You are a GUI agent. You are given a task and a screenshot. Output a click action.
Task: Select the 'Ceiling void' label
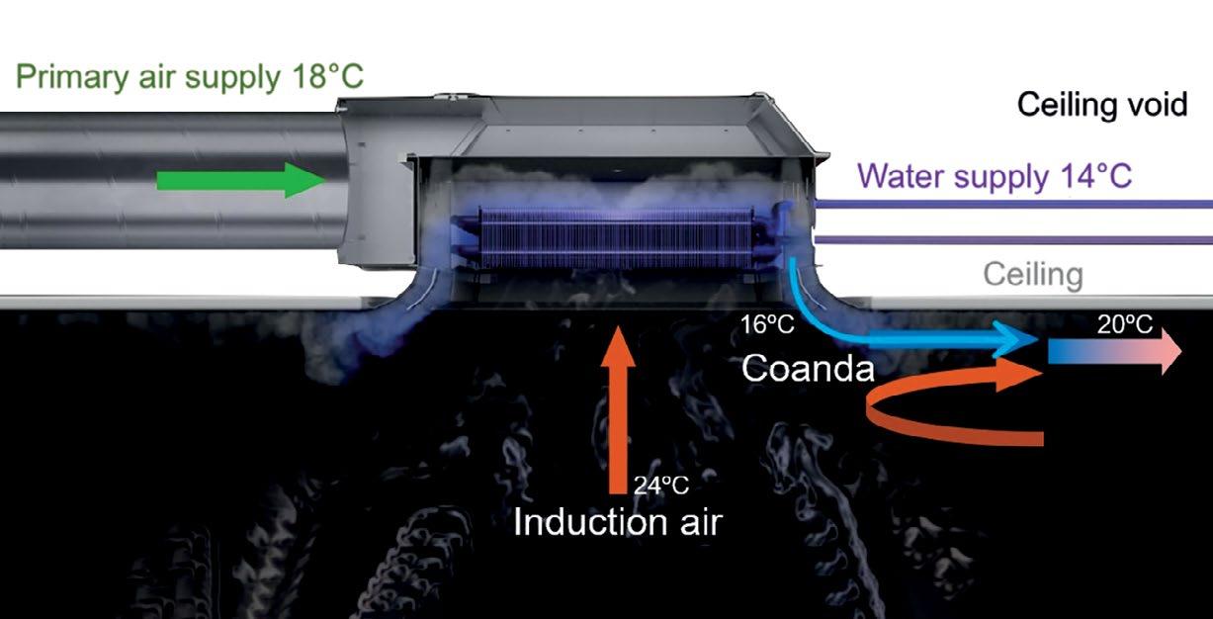pos(1102,104)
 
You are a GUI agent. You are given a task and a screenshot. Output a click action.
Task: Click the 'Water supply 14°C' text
pos(995,177)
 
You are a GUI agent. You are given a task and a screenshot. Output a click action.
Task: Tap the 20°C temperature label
pos(1124,323)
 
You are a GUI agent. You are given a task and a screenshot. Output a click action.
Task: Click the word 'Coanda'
pos(809,369)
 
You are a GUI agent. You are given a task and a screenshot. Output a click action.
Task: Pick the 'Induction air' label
pos(618,521)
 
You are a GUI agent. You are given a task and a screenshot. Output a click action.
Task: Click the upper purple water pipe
pos(1008,204)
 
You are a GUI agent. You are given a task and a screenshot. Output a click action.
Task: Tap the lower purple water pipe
pos(1008,239)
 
